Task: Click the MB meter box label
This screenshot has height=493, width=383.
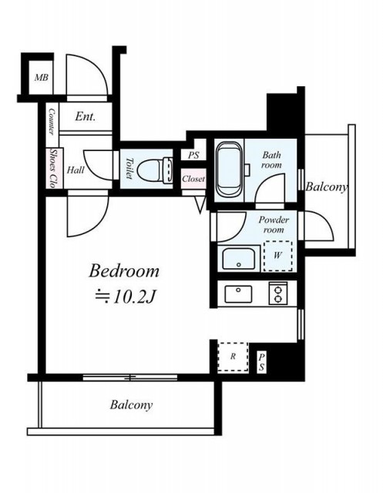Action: [42, 77]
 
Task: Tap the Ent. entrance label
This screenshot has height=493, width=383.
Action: [86, 116]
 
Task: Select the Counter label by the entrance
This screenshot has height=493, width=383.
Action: [52, 122]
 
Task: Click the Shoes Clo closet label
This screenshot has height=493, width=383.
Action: [54, 168]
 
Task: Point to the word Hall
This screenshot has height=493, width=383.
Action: [76, 170]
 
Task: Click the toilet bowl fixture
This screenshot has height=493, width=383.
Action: [156, 170]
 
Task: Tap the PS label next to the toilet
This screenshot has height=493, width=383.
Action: [193, 156]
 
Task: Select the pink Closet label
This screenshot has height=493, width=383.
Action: [193, 179]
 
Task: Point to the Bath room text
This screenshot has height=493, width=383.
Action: [272, 159]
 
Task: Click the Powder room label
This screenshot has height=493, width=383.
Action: [274, 224]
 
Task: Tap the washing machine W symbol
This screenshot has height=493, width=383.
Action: [277, 256]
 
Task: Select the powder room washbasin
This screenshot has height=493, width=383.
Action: [239, 258]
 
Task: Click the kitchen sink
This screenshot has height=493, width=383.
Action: [238, 294]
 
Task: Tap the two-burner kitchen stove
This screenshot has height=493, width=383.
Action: [278, 293]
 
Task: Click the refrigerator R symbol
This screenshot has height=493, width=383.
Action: [233, 357]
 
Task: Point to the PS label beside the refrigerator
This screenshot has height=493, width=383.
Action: [261, 362]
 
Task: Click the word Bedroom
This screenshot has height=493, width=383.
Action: [124, 271]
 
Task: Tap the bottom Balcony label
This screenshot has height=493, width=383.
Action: [131, 405]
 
